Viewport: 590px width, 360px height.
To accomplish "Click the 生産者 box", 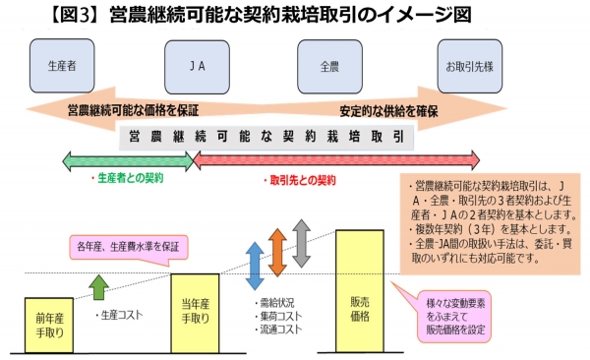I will coord(62,66).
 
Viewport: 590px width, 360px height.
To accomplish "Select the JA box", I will coord(196,66).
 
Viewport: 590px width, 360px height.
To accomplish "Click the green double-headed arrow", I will coord(127,159).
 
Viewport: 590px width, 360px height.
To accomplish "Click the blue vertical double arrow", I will coord(254,265).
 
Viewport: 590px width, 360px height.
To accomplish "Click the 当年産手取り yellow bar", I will coord(200,313).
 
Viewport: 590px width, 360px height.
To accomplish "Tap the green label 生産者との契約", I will coord(127,180).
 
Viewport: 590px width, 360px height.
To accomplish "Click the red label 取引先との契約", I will coord(301,182).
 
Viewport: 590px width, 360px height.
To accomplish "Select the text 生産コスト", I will coord(123,316).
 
